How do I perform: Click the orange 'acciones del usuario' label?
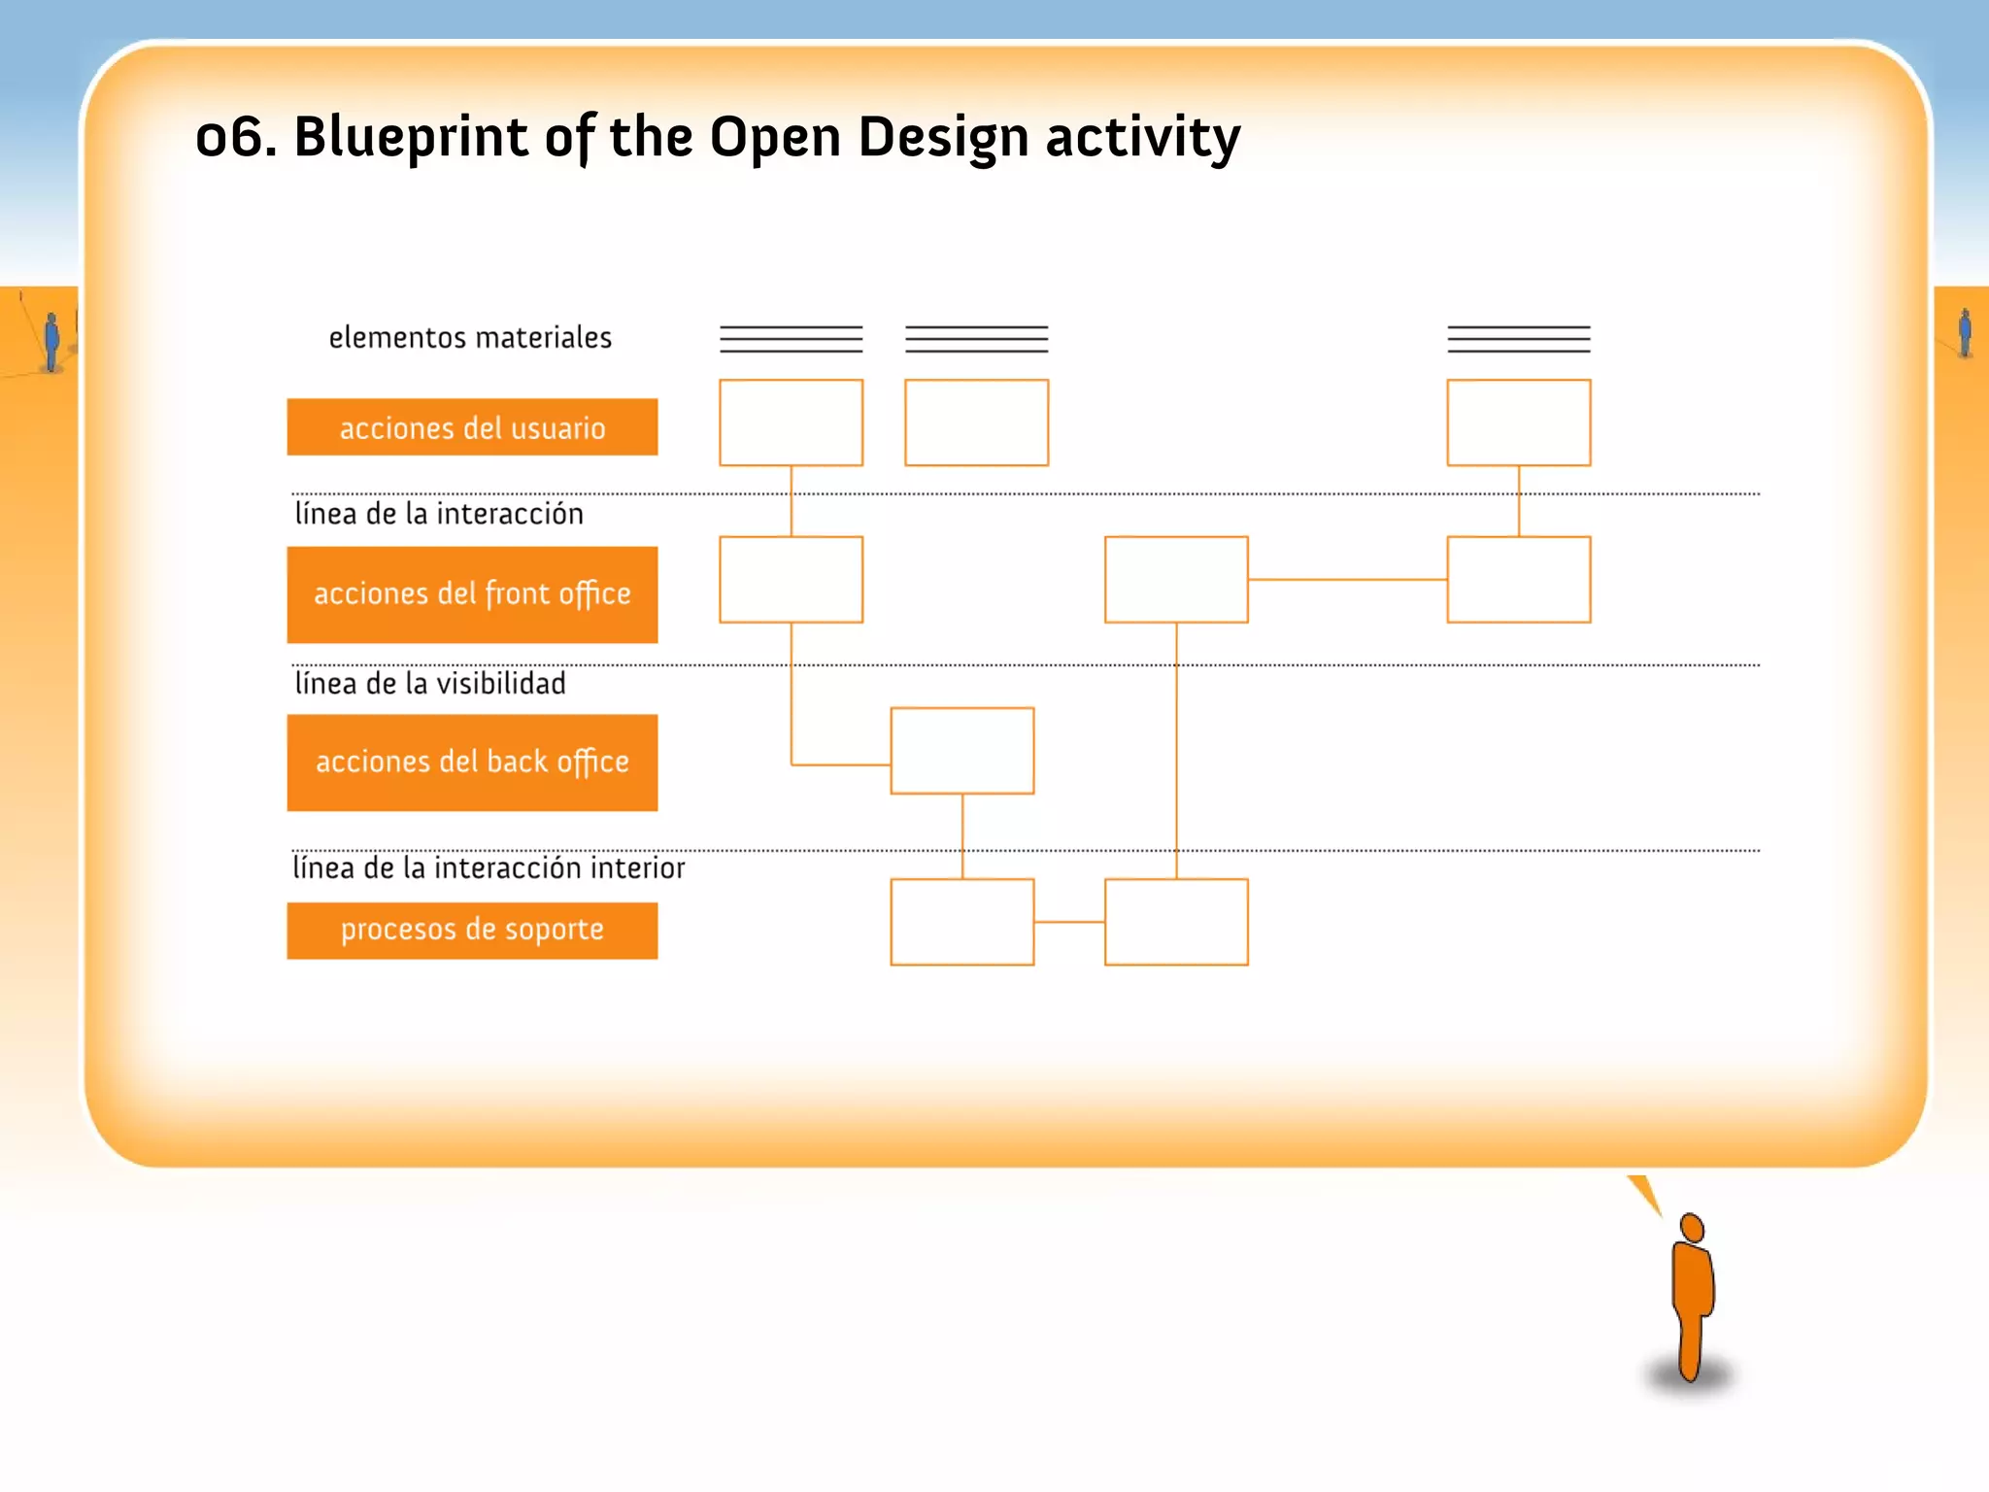(472, 427)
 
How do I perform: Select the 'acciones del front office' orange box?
(472, 593)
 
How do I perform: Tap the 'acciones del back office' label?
(472, 763)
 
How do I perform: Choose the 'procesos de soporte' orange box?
(472, 931)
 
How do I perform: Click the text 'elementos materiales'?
(470, 338)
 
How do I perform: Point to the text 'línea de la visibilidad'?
(430, 684)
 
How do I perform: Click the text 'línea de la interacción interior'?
(489, 867)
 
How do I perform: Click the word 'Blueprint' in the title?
(410, 137)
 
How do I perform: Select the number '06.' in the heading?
(235, 137)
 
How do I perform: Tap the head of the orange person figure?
(1693, 1227)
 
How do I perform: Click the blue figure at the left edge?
(51, 340)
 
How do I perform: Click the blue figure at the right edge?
(1965, 332)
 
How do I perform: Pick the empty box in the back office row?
(961, 751)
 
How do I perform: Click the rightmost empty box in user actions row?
(1518, 423)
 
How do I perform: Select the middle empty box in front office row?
(1176, 580)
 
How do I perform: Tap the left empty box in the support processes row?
(961, 922)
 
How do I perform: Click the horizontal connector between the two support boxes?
(1069, 922)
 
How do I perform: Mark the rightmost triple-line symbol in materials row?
(1518, 339)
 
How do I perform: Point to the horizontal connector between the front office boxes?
(1347, 580)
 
